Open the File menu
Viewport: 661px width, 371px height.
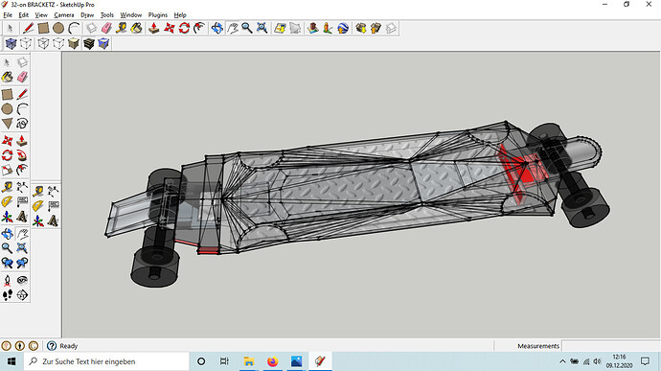pyautogui.click(x=8, y=14)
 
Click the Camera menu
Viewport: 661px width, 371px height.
pyautogui.click(x=63, y=14)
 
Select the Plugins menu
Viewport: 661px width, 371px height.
pyautogui.click(x=158, y=14)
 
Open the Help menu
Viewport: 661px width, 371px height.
pyautogui.click(x=180, y=14)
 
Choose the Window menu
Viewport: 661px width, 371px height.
pyautogui.click(x=130, y=14)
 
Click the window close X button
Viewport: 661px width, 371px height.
pyautogui.click(x=649, y=4)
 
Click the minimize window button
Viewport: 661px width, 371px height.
pyautogui.click(x=604, y=4)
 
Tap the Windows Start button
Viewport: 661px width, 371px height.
pyautogui.click(x=11, y=361)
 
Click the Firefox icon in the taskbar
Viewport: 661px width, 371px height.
pyautogui.click(x=273, y=361)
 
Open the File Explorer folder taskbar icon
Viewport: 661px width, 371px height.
pyautogui.click(x=249, y=361)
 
